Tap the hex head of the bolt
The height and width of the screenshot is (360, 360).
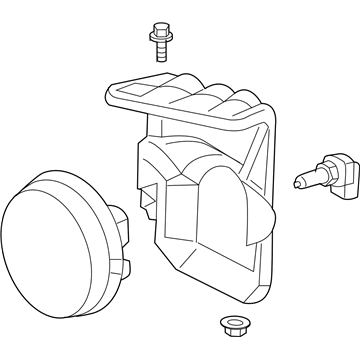click(158, 26)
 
